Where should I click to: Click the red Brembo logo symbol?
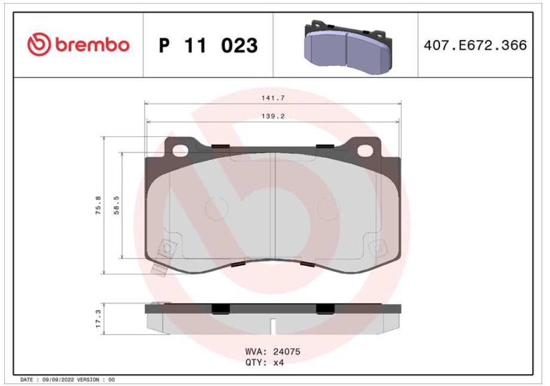tap(39, 45)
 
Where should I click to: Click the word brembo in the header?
tap(92, 45)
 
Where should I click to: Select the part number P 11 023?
tap(209, 45)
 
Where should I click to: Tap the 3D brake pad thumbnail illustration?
tap(347, 45)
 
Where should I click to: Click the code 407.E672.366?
tap(475, 45)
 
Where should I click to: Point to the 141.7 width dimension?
tap(273, 98)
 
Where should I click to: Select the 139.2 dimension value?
tap(273, 116)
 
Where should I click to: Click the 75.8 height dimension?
tap(98, 205)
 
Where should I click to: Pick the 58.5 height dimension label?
tap(117, 205)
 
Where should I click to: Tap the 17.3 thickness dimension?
tap(98, 319)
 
